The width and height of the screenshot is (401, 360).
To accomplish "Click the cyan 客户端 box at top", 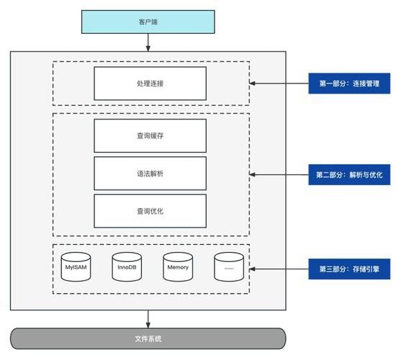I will [148, 22].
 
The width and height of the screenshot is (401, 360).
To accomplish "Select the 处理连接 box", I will [150, 83].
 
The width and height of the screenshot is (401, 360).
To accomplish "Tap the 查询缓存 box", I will [150, 135].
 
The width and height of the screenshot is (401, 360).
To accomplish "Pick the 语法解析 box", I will [150, 174].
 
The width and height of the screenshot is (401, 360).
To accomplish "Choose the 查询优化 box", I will [150, 211].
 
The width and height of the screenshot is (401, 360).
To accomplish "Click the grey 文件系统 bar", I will [148, 338].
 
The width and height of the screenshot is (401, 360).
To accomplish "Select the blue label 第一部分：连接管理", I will [349, 83].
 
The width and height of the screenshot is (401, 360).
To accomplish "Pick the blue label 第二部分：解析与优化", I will [349, 174].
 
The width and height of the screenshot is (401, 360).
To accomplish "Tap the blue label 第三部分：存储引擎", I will [349, 269].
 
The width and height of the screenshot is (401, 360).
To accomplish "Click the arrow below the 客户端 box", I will [148, 45].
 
